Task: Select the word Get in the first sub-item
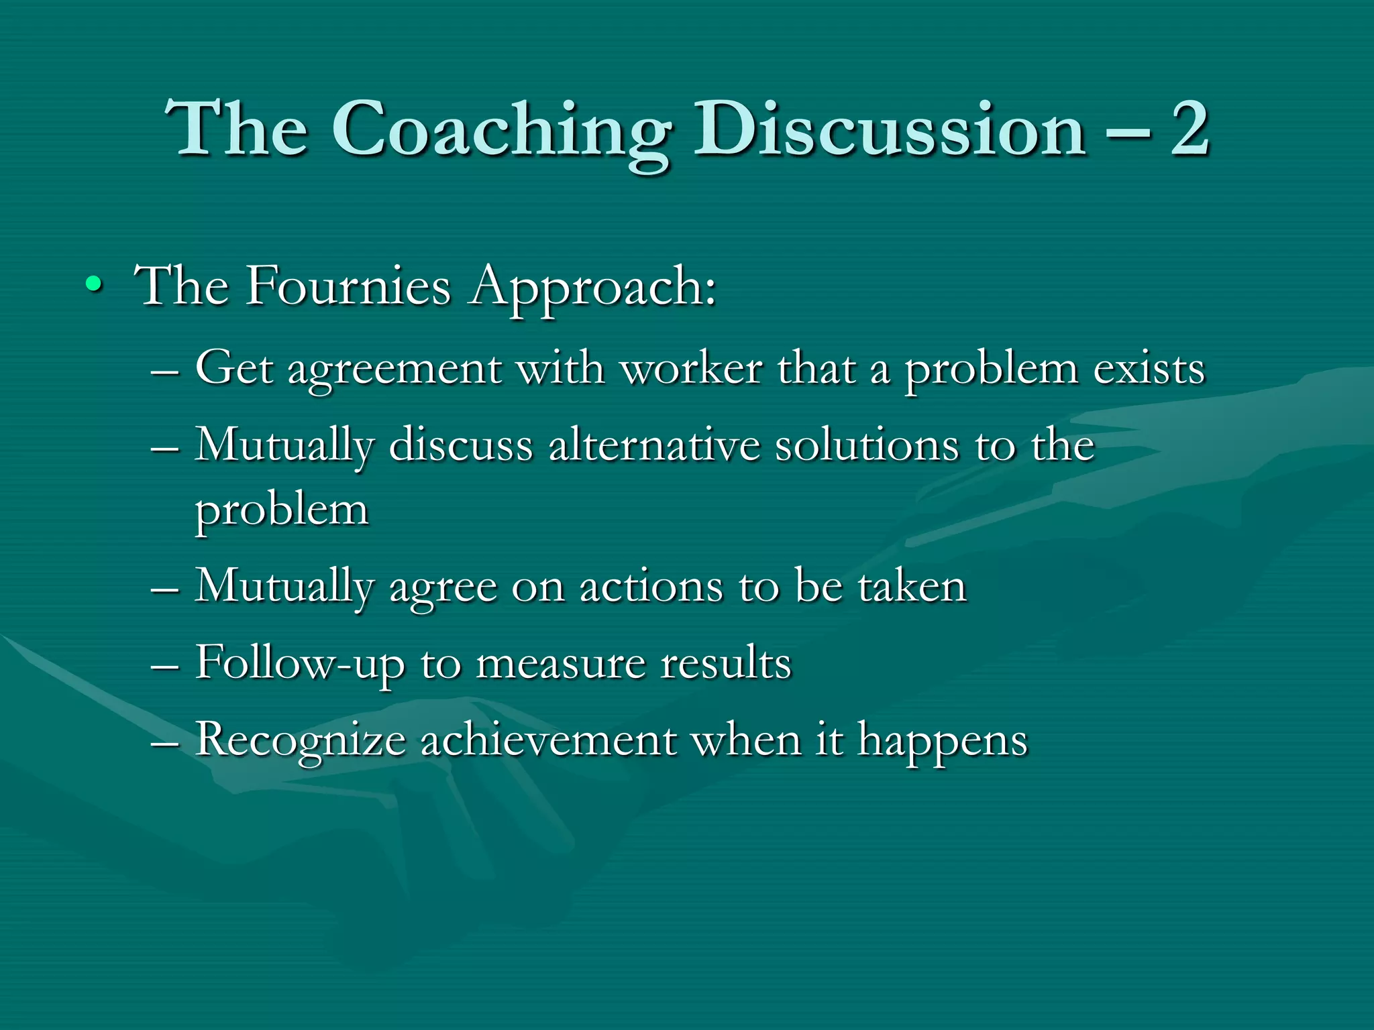234,369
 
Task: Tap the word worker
692,369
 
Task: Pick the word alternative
655,445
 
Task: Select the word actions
651,587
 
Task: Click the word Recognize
300,742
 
